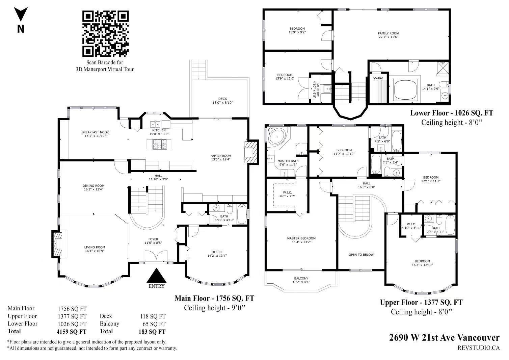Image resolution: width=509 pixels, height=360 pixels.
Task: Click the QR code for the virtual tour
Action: (105, 34)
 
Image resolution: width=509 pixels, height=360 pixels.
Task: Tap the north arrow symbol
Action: (21, 14)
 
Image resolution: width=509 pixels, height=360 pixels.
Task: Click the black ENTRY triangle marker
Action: (156, 275)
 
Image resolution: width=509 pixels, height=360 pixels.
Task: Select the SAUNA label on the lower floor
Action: (378, 78)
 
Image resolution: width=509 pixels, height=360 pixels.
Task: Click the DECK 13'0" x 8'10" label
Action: (222, 101)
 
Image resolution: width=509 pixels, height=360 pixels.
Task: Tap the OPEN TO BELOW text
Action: (361, 255)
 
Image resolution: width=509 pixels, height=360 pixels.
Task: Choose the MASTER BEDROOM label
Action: (301, 240)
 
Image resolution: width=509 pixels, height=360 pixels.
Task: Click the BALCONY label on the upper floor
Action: (301, 280)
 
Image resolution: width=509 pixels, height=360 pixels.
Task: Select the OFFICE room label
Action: (217, 254)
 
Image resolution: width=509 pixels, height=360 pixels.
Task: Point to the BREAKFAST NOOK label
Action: (95, 134)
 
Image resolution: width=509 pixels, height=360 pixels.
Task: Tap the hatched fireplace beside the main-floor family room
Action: (251, 152)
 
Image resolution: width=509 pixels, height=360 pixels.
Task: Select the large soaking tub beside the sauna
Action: (406, 89)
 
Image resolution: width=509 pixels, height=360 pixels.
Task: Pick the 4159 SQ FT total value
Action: (72, 332)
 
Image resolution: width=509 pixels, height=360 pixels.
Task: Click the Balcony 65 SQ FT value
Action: (154, 324)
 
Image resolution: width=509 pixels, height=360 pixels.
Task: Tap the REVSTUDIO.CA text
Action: (479, 348)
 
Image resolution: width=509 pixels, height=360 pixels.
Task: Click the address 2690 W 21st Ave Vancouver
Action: (445, 338)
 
